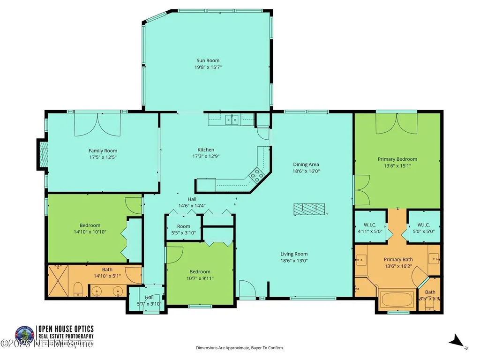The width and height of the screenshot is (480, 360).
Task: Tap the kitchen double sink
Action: (232, 120)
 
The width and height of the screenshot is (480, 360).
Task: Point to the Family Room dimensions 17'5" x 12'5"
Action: (103, 157)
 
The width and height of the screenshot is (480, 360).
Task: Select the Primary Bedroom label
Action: (397, 159)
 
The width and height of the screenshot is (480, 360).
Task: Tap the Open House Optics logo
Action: (24, 335)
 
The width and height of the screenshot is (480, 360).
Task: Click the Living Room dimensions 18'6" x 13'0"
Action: (294, 261)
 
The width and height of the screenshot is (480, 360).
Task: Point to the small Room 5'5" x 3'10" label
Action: (183, 227)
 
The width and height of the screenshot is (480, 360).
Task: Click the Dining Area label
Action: (306, 165)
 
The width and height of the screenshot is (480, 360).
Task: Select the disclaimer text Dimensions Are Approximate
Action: (240, 348)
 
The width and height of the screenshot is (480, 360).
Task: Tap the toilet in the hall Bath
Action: (79, 288)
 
